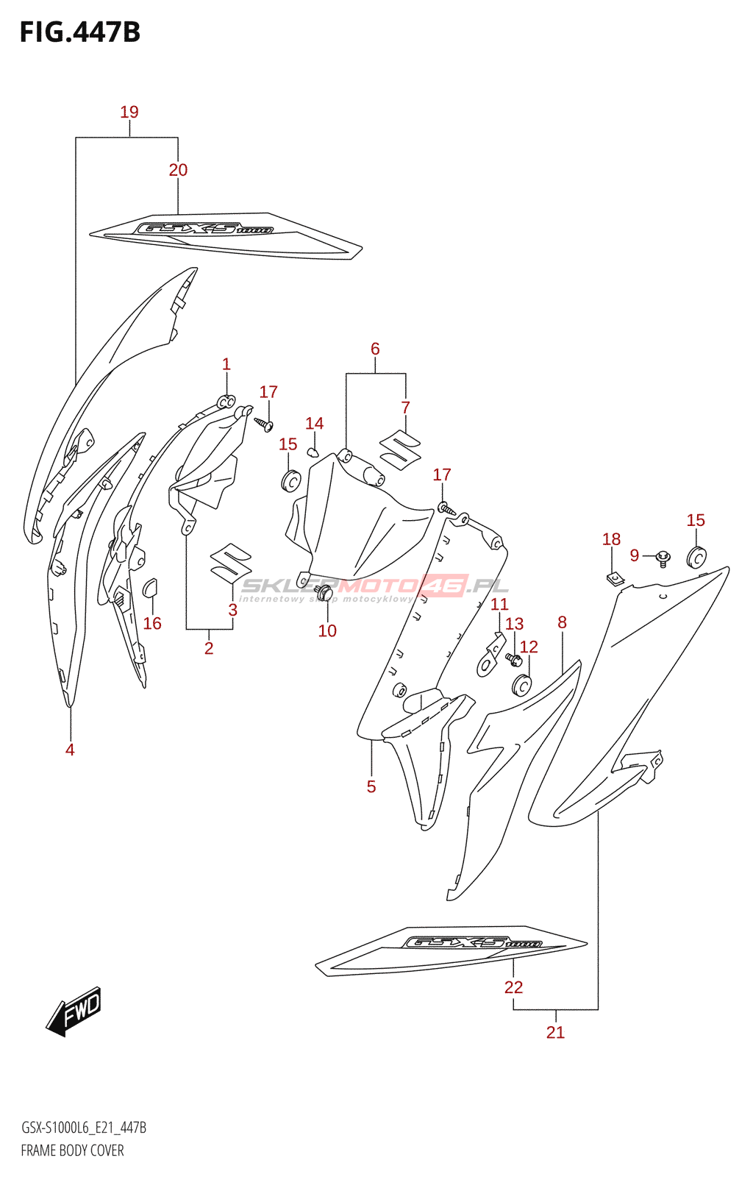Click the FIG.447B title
(x=79, y=32)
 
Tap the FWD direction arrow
(x=74, y=1011)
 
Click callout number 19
(x=129, y=112)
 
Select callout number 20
(x=178, y=170)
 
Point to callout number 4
(x=70, y=750)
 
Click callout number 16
(x=152, y=624)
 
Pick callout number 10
(x=327, y=630)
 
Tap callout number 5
(x=371, y=786)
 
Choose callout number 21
(x=555, y=1032)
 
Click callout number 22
(x=513, y=987)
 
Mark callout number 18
(x=611, y=539)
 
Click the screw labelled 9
(x=663, y=558)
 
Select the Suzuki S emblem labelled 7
(x=400, y=448)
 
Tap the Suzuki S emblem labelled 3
(x=231, y=563)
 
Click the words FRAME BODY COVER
(x=72, y=1151)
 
